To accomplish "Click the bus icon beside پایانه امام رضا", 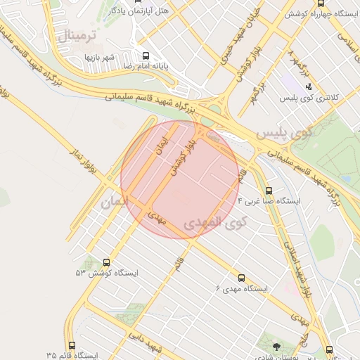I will [x=146, y=56].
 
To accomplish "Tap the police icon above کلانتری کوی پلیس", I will [x=308, y=87].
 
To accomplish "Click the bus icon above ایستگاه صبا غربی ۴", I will [x=269, y=190].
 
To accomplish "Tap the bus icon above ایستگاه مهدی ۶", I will [x=243, y=278].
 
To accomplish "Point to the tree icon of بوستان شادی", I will [x=276, y=346].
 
